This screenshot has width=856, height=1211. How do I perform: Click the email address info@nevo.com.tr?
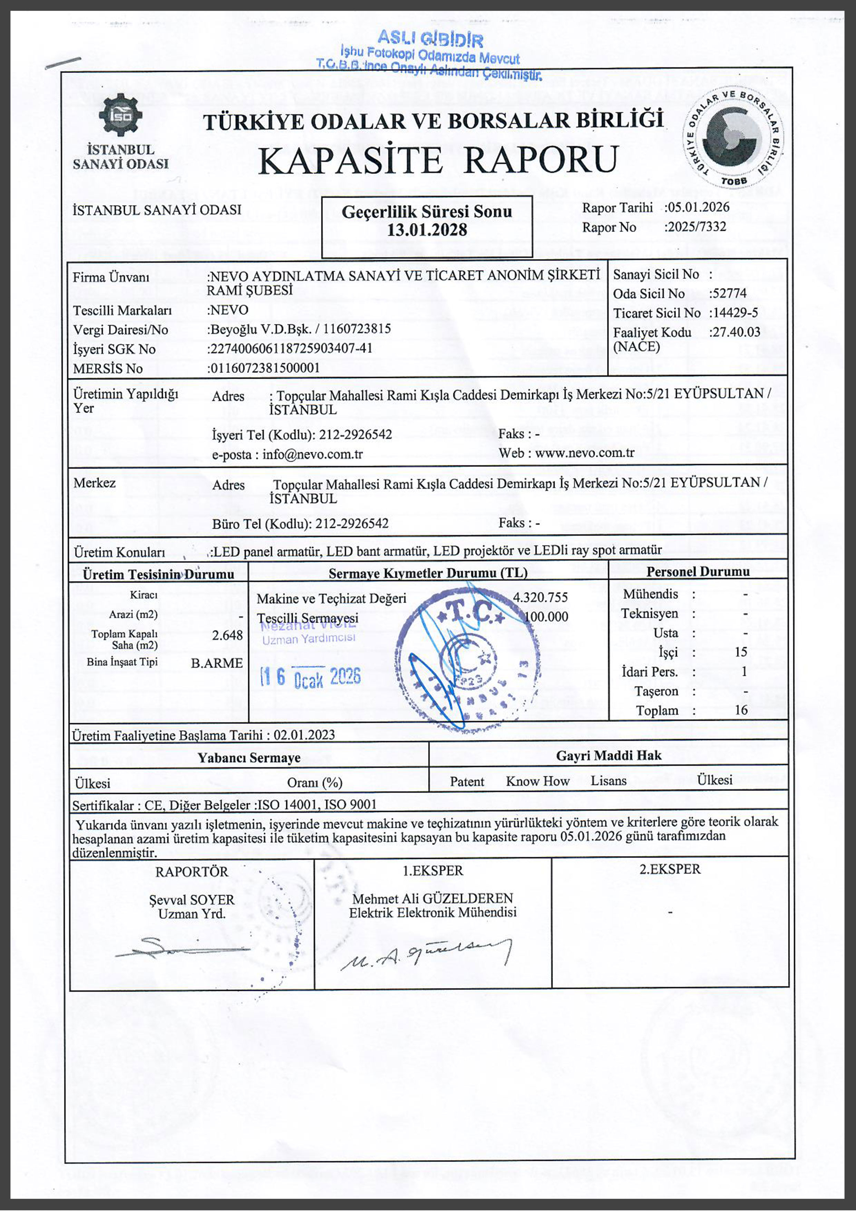[x=312, y=454]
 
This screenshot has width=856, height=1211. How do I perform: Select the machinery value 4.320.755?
[x=541, y=597]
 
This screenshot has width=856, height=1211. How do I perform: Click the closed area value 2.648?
[x=227, y=635]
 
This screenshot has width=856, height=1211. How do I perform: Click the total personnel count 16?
[x=741, y=710]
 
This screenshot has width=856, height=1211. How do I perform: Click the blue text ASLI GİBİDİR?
[x=430, y=39]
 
